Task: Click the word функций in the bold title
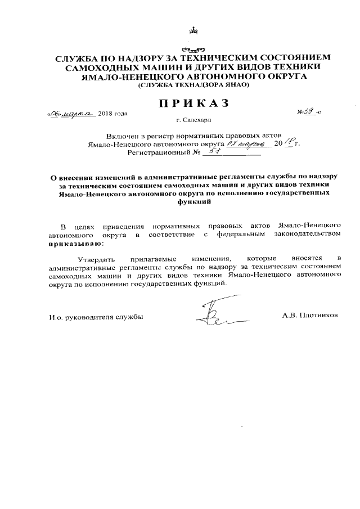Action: tap(190, 202)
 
